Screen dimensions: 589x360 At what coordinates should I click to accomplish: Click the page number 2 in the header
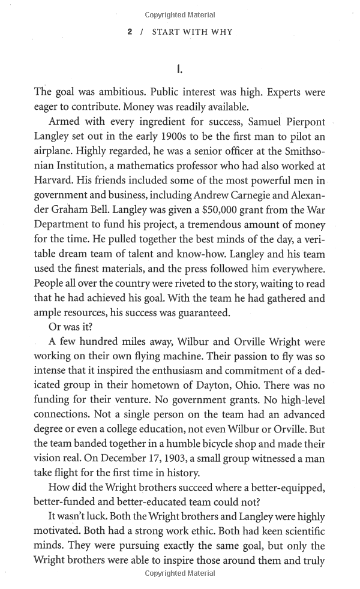point(130,32)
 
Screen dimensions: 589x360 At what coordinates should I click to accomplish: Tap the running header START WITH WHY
point(191,32)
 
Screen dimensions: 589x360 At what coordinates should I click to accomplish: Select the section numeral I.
point(180,70)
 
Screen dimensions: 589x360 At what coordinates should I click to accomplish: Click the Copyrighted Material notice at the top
point(180,14)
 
